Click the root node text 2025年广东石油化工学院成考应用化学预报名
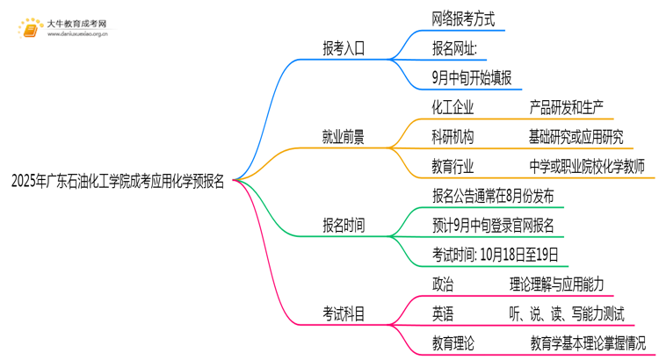[x=118, y=182]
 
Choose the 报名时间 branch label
[x=344, y=226]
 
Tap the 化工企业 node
[x=453, y=107]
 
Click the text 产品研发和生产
[x=567, y=107]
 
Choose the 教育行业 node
[x=453, y=166]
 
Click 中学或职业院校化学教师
[x=587, y=166]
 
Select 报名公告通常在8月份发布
[x=493, y=196]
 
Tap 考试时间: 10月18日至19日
[x=496, y=255]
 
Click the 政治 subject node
[x=444, y=284]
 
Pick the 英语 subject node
[x=444, y=313]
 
